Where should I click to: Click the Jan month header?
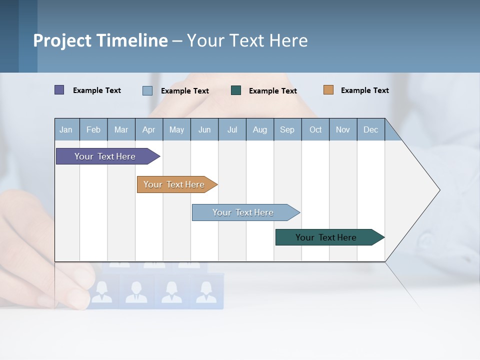[x=66, y=129]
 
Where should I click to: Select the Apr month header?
[x=149, y=129]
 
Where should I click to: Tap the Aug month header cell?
[x=260, y=129]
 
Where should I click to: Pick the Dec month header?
[x=371, y=129]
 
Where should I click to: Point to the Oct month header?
[x=315, y=129]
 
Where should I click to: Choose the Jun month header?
[x=204, y=129]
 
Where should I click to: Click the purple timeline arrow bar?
[x=105, y=156]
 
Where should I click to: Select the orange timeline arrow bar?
[x=174, y=184]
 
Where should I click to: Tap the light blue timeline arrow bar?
[x=243, y=212]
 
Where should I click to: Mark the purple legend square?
[x=59, y=90]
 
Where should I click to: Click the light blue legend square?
[x=147, y=90]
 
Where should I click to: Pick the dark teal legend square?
[x=236, y=90]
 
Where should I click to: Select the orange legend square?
[x=328, y=90]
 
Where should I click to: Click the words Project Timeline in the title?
[x=100, y=40]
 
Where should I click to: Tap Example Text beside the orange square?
[x=365, y=90]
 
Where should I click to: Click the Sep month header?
[x=287, y=129]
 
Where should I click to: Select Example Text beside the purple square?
[x=97, y=90]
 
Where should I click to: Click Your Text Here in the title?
[x=247, y=40]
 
